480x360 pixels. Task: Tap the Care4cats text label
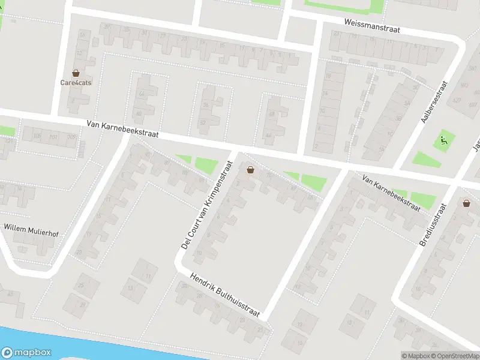click(76, 83)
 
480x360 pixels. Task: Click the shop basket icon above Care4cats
click(76, 72)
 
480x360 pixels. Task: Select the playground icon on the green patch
click(444, 140)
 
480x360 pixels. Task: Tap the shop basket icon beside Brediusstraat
click(466, 203)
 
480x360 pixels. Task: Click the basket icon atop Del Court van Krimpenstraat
click(250, 170)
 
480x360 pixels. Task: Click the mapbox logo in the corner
click(25, 353)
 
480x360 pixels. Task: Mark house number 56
click(206, 104)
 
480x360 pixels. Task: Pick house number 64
click(142, 94)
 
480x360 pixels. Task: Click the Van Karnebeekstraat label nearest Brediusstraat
click(391, 192)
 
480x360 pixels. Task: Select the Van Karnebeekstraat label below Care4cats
click(122, 128)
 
